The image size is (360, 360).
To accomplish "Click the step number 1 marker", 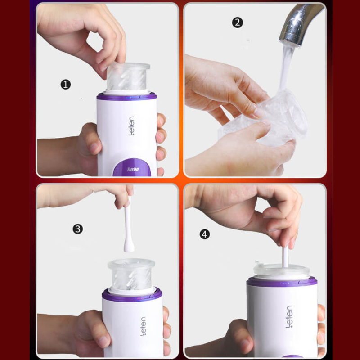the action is [66, 85].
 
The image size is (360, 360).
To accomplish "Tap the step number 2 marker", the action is [238, 23].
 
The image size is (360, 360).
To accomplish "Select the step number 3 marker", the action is [78, 229].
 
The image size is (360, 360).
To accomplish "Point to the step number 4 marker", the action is [205, 234].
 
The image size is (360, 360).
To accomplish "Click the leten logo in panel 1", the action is [131, 126].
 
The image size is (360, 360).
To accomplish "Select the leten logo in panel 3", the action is [143, 326].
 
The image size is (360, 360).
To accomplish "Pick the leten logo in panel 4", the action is [289, 316].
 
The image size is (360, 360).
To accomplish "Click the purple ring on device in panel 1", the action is [127, 97].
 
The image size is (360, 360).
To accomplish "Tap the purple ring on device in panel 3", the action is [132, 296].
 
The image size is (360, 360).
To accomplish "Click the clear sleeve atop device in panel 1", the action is [128, 76].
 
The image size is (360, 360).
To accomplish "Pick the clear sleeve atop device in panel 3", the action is [131, 274].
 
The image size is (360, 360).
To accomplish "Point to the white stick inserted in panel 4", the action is [285, 256].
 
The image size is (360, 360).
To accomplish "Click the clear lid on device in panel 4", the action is [282, 270].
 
